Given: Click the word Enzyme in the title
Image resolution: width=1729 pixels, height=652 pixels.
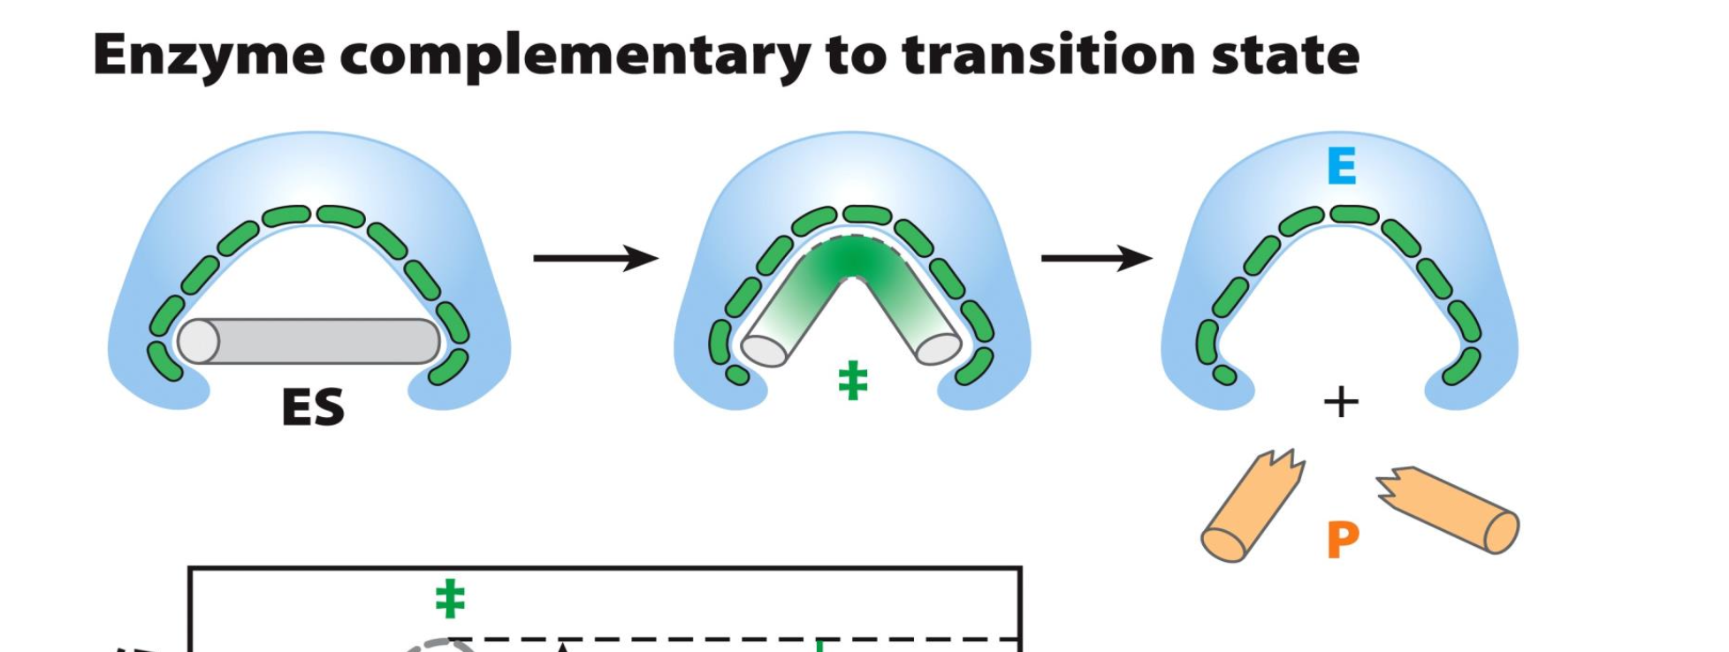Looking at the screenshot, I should pyautogui.click(x=208, y=56).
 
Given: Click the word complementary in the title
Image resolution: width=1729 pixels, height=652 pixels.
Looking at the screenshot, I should pyautogui.click(x=575, y=56).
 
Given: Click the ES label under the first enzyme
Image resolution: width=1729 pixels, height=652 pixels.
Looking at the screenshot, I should pyautogui.click(x=312, y=407).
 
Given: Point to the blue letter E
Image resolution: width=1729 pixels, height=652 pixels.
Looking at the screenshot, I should pyautogui.click(x=1341, y=166).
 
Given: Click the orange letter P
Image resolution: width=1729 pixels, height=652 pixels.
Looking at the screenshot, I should pyautogui.click(x=1342, y=539).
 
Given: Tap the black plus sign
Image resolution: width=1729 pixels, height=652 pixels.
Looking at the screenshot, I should pyautogui.click(x=1340, y=402).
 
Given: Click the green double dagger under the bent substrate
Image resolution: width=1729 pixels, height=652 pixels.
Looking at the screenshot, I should pyautogui.click(x=852, y=381).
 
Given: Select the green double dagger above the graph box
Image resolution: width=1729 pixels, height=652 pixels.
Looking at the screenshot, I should pyautogui.click(x=450, y=598).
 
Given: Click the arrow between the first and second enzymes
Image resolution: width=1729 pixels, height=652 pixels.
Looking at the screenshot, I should pyautogui.click(x=595, y=258).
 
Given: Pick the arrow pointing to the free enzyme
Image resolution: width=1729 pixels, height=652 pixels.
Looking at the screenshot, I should pyautogui.click(x=1096, y=258).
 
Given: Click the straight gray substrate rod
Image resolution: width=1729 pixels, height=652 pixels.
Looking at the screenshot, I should pyautogui.click(x=318, y=341).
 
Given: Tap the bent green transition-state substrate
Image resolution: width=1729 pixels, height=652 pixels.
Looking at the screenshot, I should pyautogui.click(x=850, y=265).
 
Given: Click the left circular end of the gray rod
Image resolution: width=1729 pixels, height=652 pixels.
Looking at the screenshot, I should pyautogui.click(x=199, y=341).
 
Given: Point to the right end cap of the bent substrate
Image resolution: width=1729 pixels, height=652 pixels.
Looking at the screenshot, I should pyautogui.click(x=938, y=348).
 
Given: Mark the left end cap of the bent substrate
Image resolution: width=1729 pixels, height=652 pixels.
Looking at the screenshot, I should pyautogui.click(x=764, y=350).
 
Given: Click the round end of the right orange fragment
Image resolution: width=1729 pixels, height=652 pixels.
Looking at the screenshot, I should pyautogui.click(x=1500, y=532).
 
